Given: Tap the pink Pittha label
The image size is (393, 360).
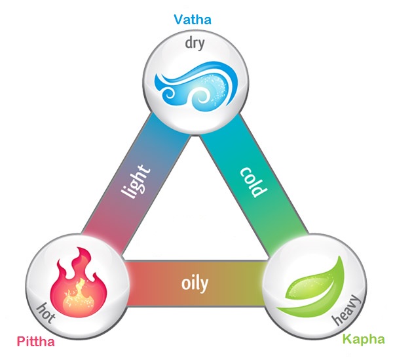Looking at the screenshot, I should click(x=36, y=342).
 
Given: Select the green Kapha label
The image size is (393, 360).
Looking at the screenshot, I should click(x=360, y=340).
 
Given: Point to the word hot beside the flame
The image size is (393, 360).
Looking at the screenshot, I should click(x=48, y=313).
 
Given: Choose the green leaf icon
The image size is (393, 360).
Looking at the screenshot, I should click(x=313, y=283).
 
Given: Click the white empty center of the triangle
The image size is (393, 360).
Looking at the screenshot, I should click(x=196, y=210).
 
